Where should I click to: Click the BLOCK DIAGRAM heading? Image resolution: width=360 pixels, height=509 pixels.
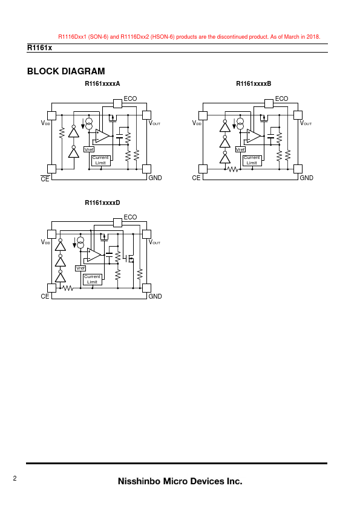coord(66,71)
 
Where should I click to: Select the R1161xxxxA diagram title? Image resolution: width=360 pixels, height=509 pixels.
coord(102,84)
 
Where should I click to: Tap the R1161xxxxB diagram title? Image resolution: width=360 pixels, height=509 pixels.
coord(254,84)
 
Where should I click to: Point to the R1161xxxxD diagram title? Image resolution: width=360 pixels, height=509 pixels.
coord(102,203)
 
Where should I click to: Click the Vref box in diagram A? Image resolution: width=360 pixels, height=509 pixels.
coord(89,149)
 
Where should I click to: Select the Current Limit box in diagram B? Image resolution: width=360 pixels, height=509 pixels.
coord(252,160)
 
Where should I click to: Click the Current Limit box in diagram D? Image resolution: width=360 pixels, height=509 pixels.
coord(93,279)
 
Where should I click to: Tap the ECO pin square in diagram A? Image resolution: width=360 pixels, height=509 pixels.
coord(117,103)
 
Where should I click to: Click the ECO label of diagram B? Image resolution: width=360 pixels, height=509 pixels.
coord(281,99)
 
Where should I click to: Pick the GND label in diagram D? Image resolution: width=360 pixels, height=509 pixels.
coord(155,296)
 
